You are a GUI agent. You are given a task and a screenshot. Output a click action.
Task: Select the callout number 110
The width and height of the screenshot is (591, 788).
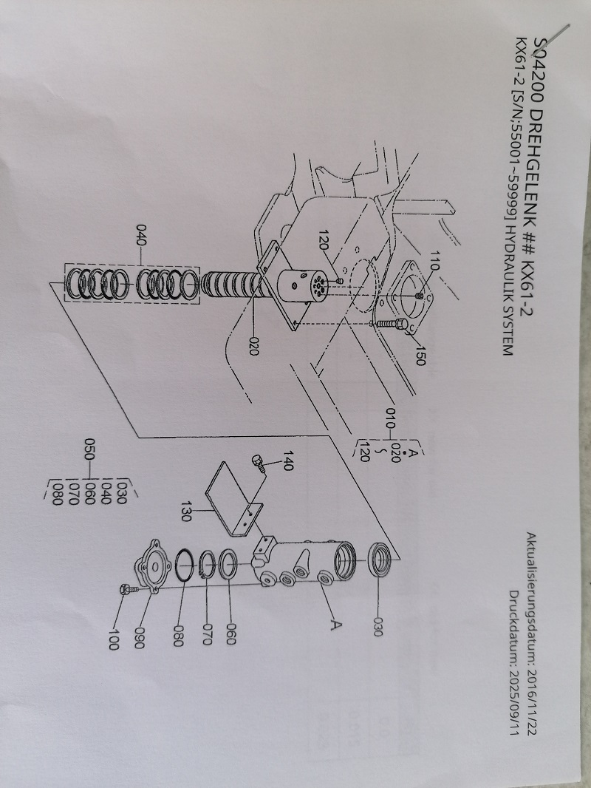(435, 260)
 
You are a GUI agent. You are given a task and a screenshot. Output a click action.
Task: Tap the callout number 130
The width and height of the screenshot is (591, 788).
(185, 511)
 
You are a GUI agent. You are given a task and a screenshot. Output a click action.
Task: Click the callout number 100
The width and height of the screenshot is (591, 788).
(114, 639)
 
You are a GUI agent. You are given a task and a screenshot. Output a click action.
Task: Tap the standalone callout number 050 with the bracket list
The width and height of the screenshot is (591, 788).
(89, 449)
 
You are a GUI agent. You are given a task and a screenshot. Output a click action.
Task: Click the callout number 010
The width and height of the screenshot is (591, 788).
(391, 418)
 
